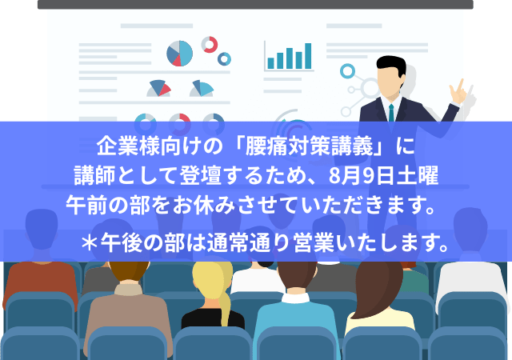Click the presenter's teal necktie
tap(391, 113)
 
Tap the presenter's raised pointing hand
tap(458, 92)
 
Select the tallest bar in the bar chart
tap(308, 56)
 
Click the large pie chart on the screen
tap(179, 54)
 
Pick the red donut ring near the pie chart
tap(210, 45)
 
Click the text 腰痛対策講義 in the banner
tap(309, 146)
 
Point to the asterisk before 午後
tap(89, 243)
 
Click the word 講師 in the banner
tap(94, 176)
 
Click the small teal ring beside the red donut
tap(224, 59)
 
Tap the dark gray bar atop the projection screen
tap(255, 4)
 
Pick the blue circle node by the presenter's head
tap(347, 71)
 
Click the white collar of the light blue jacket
tap(295, 298)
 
